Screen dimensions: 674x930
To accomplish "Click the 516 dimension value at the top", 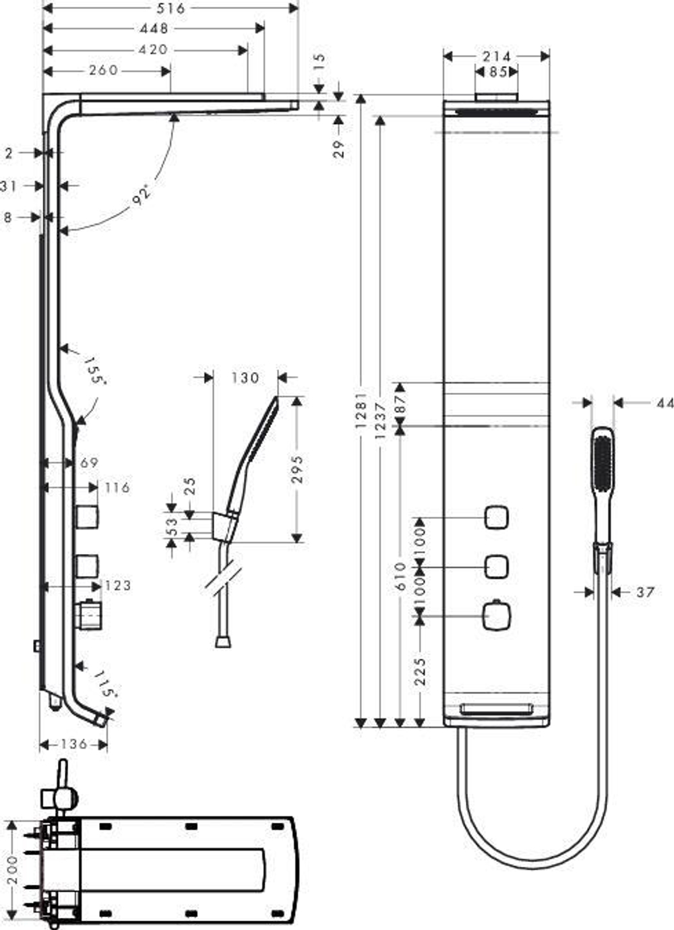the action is (x=171, y=9).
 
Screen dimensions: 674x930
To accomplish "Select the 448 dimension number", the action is (x=154, y=29).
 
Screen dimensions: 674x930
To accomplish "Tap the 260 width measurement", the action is (x=103, y=70).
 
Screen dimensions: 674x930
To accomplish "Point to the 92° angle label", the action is (x=141, y=195).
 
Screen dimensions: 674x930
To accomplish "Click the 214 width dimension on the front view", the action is (x=497, y=57).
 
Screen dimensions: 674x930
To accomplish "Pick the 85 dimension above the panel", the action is (x=498, y=72).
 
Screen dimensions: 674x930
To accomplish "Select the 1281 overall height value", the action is (x=361, y=410).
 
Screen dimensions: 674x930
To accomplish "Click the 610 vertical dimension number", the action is (x=400, y=576).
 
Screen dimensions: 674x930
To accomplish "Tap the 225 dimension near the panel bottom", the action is (x=420, y=672).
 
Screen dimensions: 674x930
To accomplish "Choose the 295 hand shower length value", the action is (x=297, y=470).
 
